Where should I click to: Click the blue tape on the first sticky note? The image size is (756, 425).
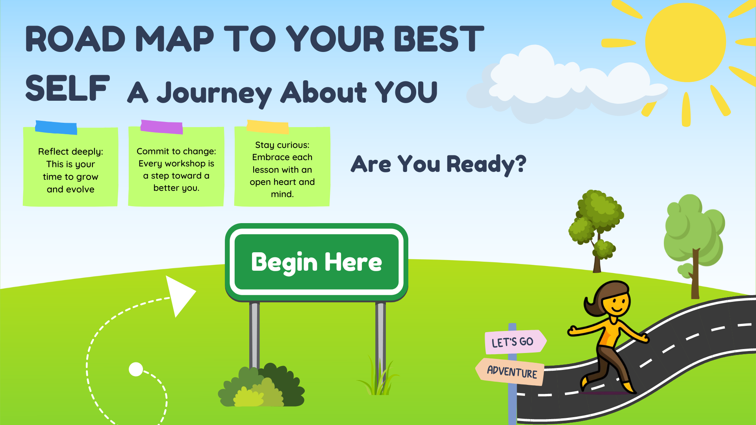(x=56, y=128)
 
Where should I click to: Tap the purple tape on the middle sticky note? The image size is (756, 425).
(x=161, y=127)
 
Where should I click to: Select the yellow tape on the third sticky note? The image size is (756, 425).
(x=268, y=127)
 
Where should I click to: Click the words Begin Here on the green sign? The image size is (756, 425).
(x=317, y=262)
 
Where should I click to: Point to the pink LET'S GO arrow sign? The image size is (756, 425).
(x=515, y=341)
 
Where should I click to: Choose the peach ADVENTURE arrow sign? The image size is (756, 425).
(x=510, y=371)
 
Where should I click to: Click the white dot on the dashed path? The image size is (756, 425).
(x=136, y=369)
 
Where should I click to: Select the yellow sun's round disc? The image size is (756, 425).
(x=686, y=42)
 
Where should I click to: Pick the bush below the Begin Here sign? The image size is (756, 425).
(x=261, y=386)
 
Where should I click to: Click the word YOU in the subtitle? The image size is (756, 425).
(x=406, y=92)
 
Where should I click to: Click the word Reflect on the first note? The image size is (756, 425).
(x=54, y=152)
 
